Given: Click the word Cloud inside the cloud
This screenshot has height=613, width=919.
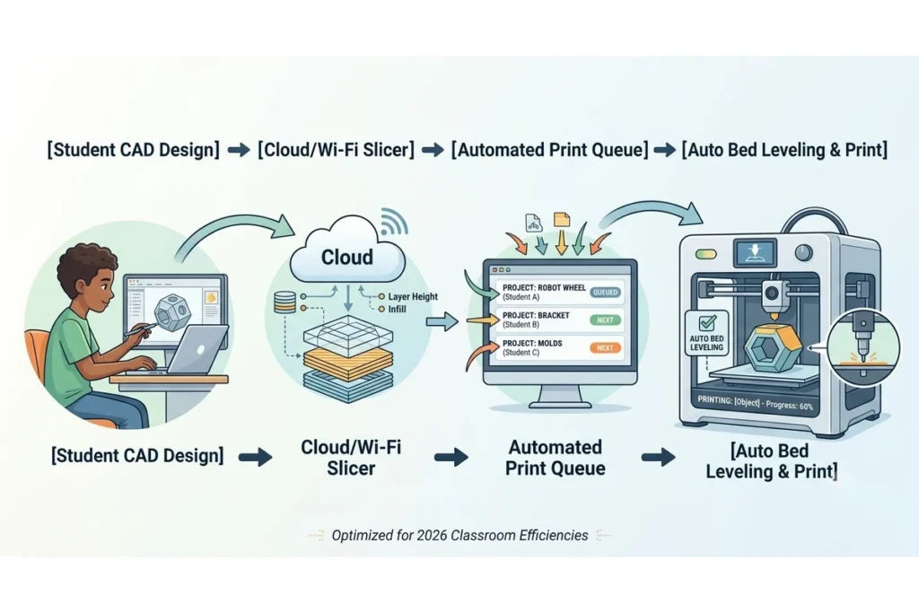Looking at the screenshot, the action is point(347,258).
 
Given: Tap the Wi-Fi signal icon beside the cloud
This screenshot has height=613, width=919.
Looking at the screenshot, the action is point(393,222).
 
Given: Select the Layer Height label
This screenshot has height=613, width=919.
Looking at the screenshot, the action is point(413,296).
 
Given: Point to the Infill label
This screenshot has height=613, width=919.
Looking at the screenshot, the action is point(397,309).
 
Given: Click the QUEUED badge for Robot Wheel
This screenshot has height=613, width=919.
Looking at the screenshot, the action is point(605,293).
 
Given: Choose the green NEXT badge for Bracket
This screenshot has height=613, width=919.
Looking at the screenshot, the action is point(605,320).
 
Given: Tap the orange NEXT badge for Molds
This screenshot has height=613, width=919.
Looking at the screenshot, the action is point(605,347).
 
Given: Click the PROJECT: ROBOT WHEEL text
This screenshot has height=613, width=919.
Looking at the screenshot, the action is point(544,288).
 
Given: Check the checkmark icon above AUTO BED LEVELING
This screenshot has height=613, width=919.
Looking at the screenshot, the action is point(707,323).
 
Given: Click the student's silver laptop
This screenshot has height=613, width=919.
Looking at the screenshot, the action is point(197,351).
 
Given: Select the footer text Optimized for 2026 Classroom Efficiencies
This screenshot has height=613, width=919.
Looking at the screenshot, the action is point(459,535).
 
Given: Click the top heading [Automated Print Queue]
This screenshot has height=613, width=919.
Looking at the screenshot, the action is point(550,150).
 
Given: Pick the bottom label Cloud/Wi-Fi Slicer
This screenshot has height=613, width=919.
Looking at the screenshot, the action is point(351,458).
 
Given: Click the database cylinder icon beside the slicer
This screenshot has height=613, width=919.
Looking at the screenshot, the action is point(284,302).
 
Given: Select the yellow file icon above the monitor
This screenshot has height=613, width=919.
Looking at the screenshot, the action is point(562,220).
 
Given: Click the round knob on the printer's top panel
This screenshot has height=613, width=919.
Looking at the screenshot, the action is point(803,252).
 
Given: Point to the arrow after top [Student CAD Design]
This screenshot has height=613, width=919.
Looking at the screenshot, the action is point(239,150).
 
